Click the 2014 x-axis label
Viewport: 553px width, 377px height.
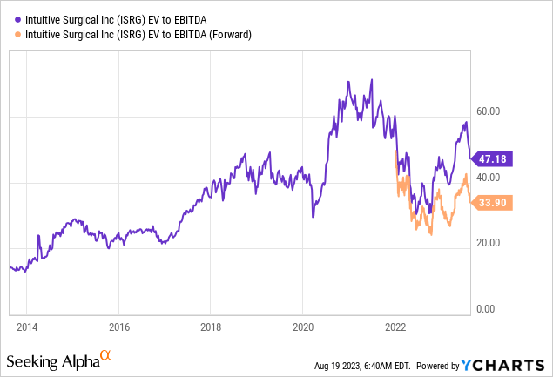tap(27, 327)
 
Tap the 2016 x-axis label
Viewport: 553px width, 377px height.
tap(119, 327)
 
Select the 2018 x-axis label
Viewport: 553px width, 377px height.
tap(210, 327)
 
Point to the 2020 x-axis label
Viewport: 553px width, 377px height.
tap(302, 327)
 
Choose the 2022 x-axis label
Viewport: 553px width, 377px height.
tap(395, 327)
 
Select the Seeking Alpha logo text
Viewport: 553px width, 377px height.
tap(52, 359)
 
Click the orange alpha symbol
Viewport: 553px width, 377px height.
tap(106, 354)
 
